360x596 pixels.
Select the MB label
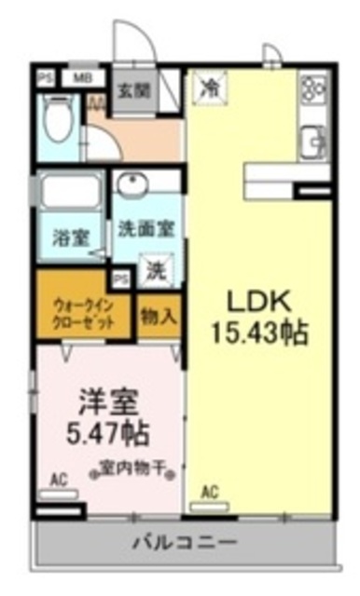click(82, 78)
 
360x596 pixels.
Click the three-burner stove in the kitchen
click(312, 90)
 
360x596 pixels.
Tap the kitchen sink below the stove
click(311, 142)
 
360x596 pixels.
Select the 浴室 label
click(70, 237)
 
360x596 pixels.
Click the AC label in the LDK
click(211, 492)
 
